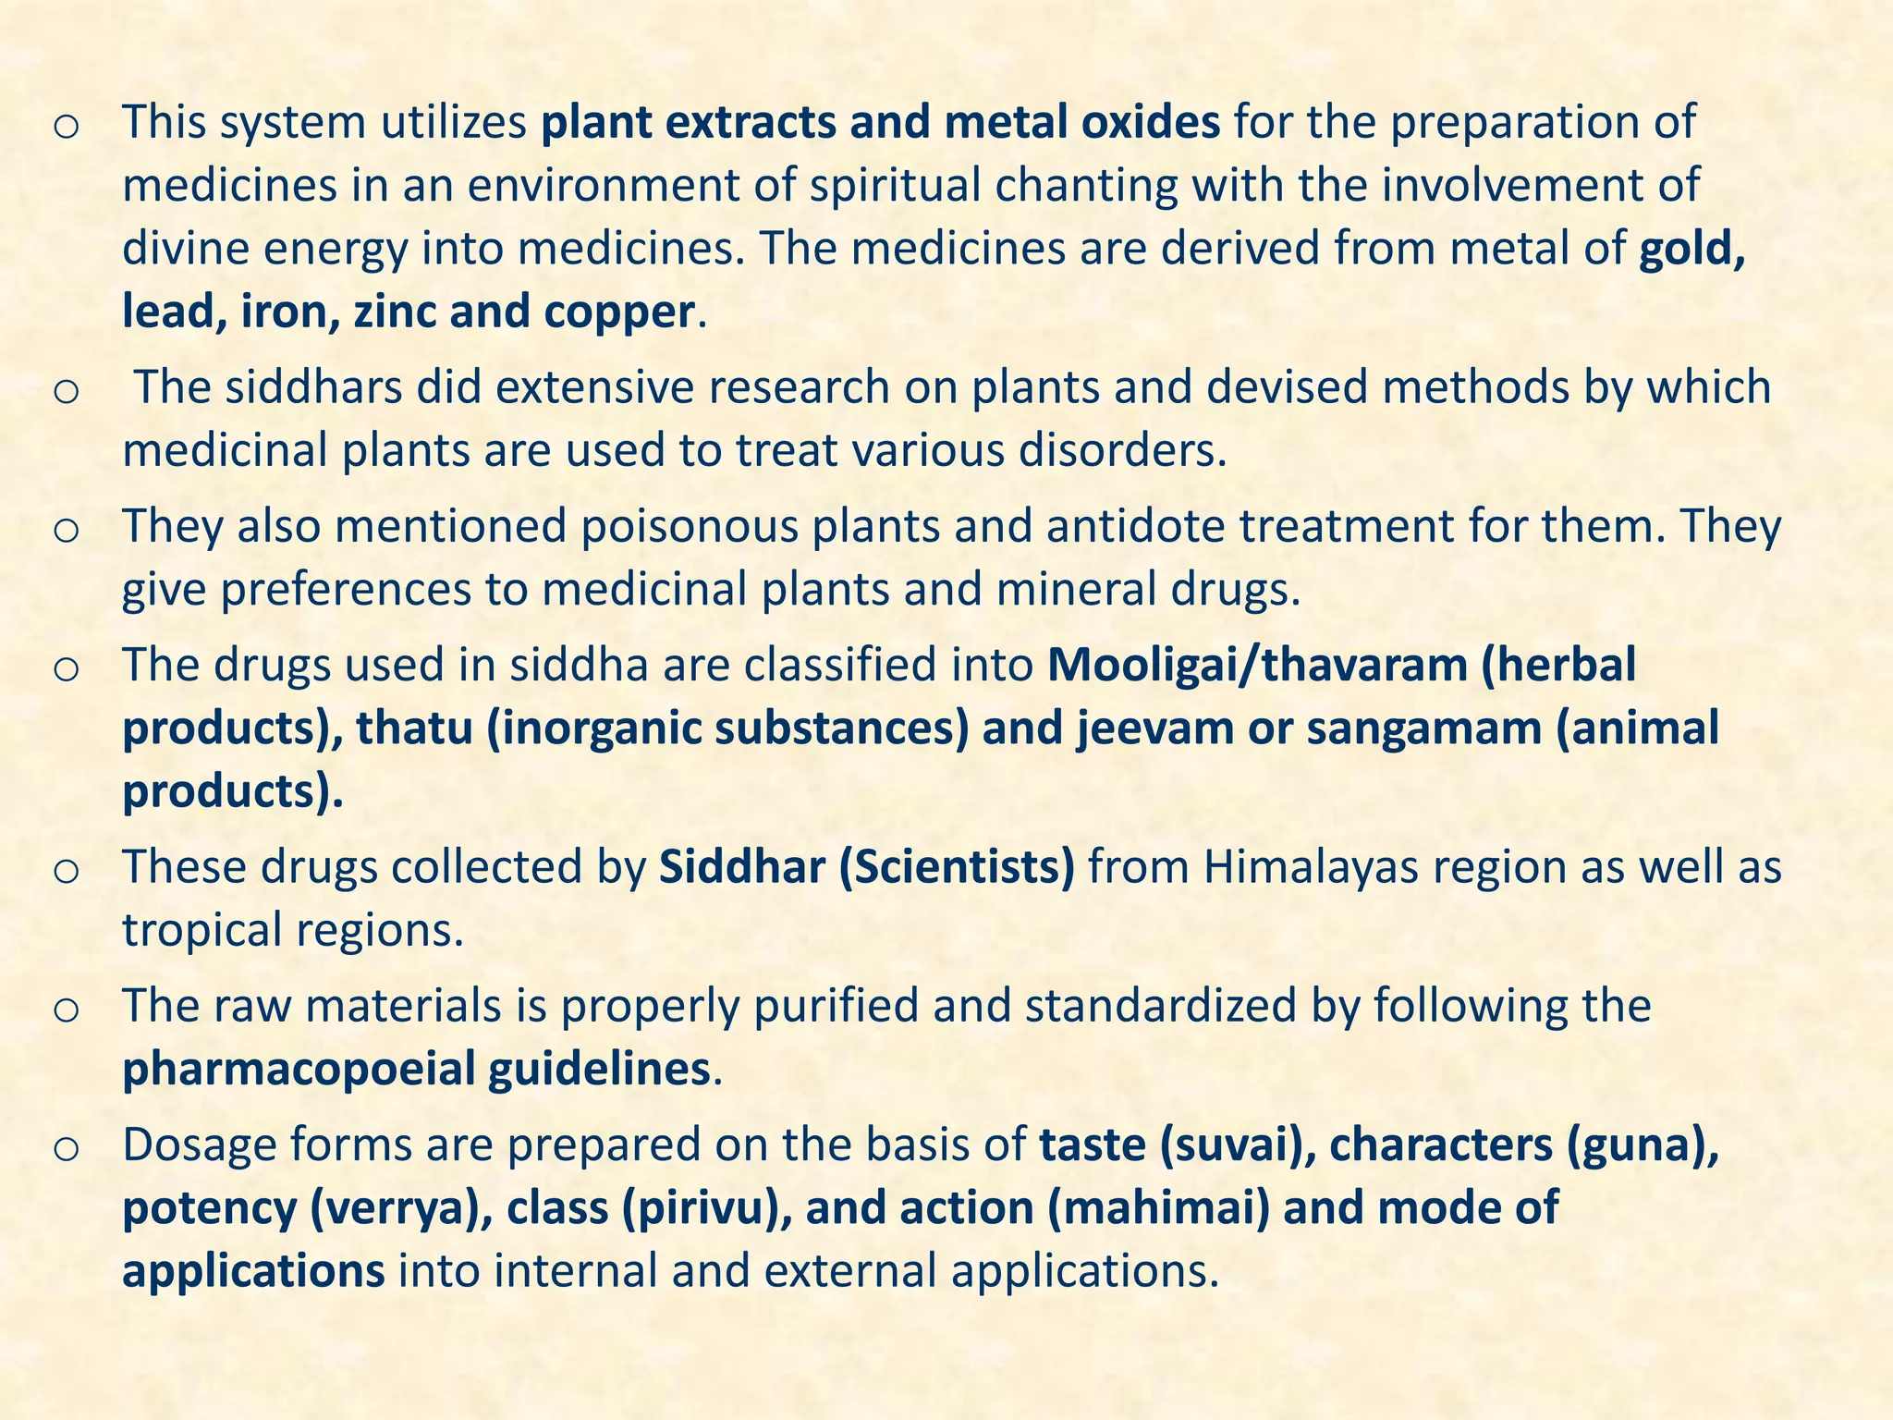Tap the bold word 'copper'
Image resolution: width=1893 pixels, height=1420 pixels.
pyautogui.click(x=618, y=312)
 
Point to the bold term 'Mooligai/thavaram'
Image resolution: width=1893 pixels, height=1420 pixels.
pyautogui.click(x=1258, y=665)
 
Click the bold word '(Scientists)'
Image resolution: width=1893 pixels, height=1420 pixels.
pyautogui.click(x=957, y=866)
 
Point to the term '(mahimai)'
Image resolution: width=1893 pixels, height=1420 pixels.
pyautogui.click(x=1159, y=1208)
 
